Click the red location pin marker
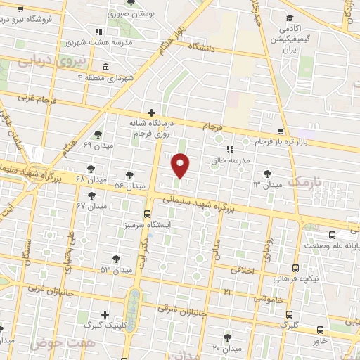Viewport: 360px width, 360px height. [181, 165]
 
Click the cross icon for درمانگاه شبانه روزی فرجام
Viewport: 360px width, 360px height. [152, 112]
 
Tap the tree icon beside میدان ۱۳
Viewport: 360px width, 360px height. [266, 173]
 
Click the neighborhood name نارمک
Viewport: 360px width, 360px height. [309, 182]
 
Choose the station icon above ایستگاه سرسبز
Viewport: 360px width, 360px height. [147, 214]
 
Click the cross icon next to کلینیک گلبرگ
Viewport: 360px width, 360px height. [105, 314]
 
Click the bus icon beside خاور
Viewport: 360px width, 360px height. [320, 330]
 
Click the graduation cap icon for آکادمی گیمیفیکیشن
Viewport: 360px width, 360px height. [288, 19]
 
